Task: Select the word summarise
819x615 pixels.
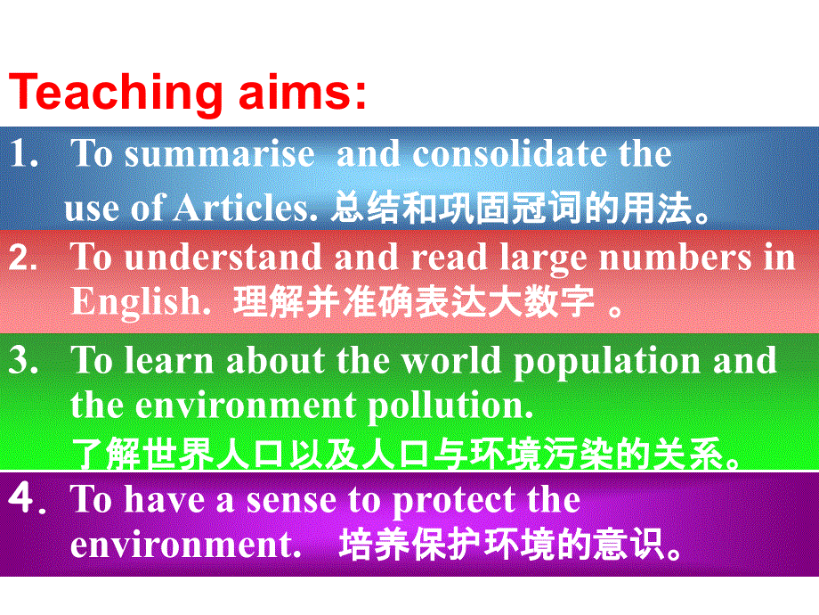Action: [219, 155]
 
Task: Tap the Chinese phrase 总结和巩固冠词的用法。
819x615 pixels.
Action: [521, 209]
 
